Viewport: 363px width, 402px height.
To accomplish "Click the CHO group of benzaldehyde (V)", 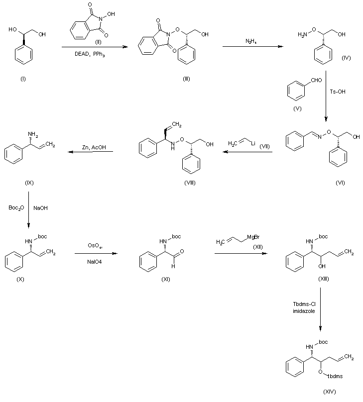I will tap(316, 80).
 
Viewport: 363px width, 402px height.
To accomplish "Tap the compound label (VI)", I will tap(340, 183).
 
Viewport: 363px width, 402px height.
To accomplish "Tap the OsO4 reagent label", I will tap(94, 245).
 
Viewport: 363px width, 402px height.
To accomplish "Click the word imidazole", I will tap(302, 311).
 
